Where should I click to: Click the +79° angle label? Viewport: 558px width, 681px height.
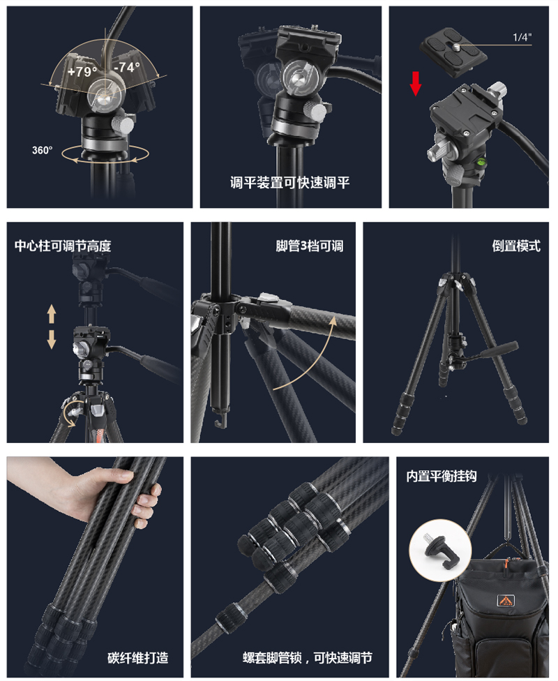coord(82,70)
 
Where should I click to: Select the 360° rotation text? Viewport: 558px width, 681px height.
coord(42,150)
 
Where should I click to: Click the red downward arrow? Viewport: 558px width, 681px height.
coord(416,82)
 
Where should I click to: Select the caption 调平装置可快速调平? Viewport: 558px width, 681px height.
coord(290,184)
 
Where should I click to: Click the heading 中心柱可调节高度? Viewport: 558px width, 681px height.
coord(63,246)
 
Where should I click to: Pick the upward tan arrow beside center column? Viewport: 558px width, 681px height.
coord(51,313)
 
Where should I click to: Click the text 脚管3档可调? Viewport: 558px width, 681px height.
coord(309,246)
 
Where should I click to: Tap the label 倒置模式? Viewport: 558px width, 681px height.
coord(516,246)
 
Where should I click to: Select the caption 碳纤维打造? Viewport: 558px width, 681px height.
coord(137,657)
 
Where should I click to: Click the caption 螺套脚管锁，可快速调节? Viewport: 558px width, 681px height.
coord(307,657)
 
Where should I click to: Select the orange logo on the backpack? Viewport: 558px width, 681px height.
coord(505,599)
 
